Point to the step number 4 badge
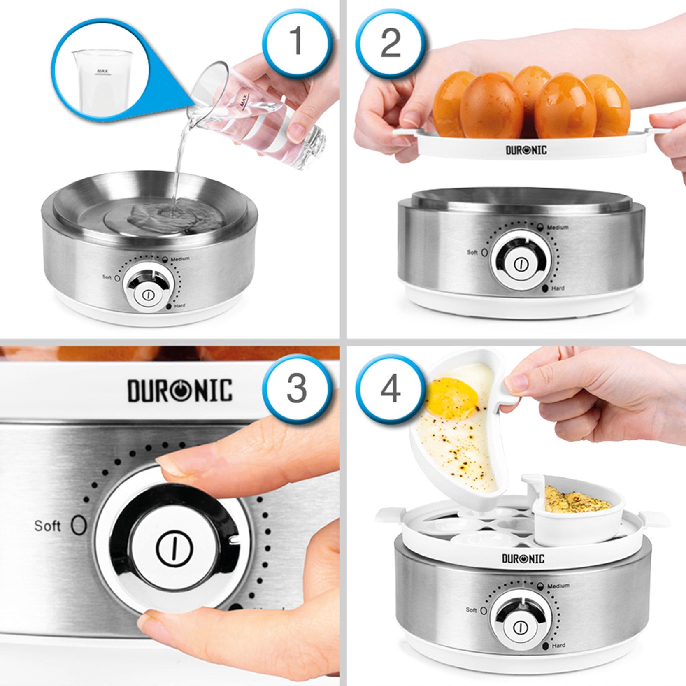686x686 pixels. (390, 389)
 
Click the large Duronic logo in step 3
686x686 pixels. (180, 391)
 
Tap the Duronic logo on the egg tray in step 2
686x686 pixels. (526, 150)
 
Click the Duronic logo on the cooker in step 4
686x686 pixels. (523, 558)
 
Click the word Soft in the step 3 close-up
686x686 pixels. (47, 526)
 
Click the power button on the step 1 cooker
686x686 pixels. (148, 295)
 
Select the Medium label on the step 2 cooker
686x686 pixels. (558, 227)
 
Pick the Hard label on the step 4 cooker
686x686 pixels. (558, 646)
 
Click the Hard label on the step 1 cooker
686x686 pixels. (180, 306)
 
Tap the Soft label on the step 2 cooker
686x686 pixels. (472, 252)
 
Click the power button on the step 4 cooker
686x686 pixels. (521, 628)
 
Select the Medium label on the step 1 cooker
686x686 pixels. (180, 259)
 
